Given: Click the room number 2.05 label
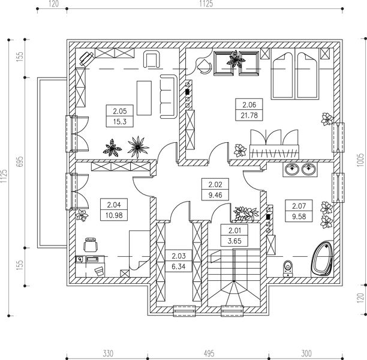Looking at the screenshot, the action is (x=119, y=111).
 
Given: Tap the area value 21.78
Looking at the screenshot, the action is (x=249, y=115).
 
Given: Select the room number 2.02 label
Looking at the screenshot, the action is (x=215, y=185).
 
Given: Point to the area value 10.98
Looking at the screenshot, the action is (x=114, y=215).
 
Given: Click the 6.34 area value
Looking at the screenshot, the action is (x=179, y=266).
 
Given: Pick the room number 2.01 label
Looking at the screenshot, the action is (x=234, y=231).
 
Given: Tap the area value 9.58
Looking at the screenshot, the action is (x=299, y=217).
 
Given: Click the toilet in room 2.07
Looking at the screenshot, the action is (x=288, y=269).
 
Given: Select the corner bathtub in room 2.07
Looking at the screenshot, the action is (x=321, y=259).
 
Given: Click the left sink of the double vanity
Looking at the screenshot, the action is (x=292, y=169).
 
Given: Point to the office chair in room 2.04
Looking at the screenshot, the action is (x=91, y=245).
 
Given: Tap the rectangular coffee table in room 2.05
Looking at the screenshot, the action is (x=144, y=98).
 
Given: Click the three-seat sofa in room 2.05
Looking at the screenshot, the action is (x=167, y=97).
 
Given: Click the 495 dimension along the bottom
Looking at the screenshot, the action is (x=209, y=353).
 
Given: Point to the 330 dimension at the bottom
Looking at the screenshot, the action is (x=108, y=353).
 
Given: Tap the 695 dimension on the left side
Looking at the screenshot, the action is (x=20, y=161).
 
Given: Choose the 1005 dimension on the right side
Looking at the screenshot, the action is (x=360, y=160).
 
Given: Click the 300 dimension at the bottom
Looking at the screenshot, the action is (x=306, y=353).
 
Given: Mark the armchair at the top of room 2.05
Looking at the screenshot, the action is (x=152, y=59).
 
